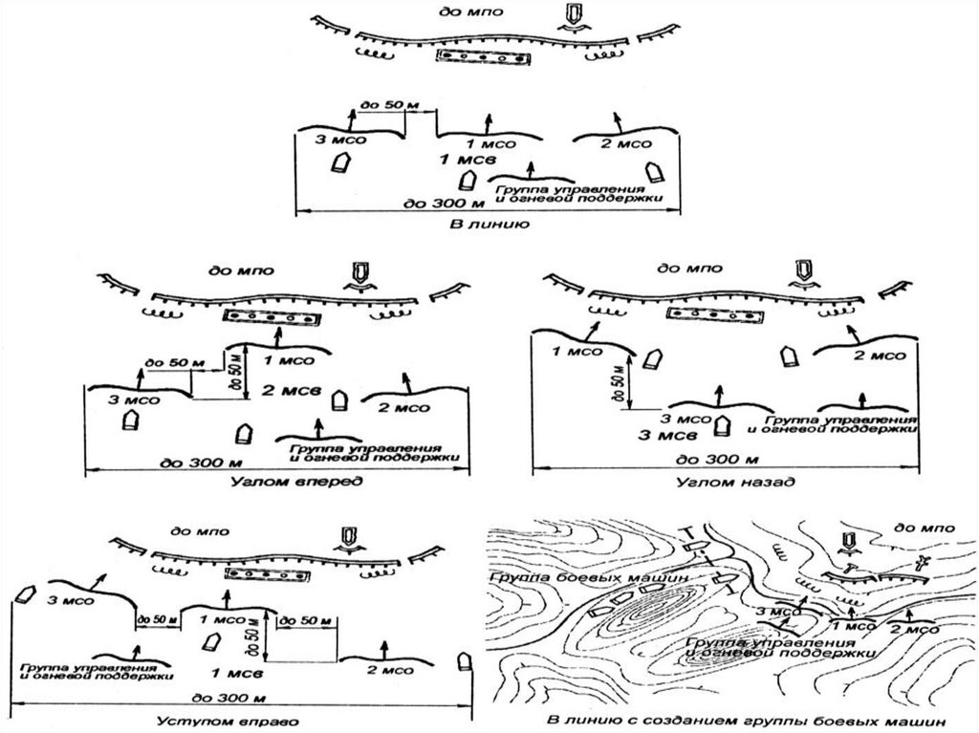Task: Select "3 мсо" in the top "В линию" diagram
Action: coord(341,141)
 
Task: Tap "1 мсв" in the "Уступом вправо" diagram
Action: coord(230,672)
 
